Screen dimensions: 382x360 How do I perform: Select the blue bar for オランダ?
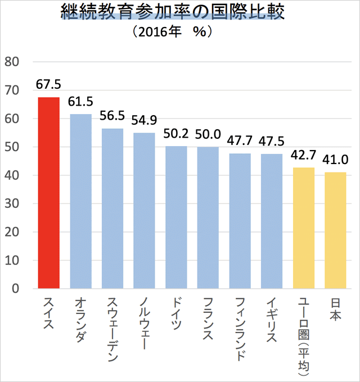click(x=80, y=202)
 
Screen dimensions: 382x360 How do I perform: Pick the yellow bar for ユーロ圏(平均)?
click(x=304, y=228)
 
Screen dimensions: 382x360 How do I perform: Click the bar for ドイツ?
click(x=176, y=217)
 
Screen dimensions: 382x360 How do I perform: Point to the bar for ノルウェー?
click(x=145, y=211)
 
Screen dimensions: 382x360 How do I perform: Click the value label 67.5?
click(x=48, y=84)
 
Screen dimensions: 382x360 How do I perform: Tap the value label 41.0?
click(x=336, y=160)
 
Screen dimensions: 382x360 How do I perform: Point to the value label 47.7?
click(x=240, y=140)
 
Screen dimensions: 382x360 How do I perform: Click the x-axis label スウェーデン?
click(x=112, y=324)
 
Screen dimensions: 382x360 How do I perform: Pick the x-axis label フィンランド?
click(x=240, y=328)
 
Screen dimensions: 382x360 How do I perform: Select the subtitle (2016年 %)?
click(x=173, y=33)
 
